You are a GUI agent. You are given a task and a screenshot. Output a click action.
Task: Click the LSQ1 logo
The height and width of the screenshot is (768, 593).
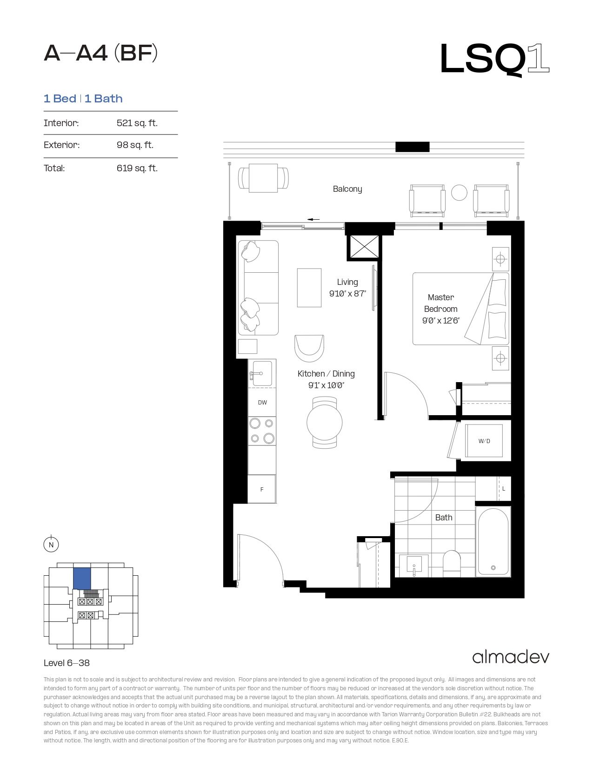coord(494,60)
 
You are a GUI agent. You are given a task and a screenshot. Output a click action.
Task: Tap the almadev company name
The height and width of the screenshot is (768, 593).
coord(511,657)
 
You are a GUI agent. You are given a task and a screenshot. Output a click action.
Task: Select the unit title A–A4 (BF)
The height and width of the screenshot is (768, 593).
coord(100,53)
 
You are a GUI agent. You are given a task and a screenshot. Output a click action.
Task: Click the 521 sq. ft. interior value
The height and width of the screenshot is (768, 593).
coord(137,123)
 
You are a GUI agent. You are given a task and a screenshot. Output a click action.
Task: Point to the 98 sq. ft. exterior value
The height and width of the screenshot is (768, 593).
coord(135,145)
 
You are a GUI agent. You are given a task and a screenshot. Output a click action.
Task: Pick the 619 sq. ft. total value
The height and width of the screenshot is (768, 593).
coord(137,168)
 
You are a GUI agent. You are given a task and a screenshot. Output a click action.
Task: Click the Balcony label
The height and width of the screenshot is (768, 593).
coord(347,189)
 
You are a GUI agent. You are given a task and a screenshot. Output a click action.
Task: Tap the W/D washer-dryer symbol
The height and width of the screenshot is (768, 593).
coord(484,441)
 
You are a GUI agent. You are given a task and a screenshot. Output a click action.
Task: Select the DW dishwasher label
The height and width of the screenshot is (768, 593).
coord(262,403)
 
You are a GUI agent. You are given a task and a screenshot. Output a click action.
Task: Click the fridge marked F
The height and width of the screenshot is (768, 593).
coord(261,489)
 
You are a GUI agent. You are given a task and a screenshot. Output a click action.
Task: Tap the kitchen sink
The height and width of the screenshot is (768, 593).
coord(260,373)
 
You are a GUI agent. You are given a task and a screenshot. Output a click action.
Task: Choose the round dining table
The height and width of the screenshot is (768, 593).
coord(325,422)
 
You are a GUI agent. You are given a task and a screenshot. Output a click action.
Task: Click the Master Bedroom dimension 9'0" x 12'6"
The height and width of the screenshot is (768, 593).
coord(441,321)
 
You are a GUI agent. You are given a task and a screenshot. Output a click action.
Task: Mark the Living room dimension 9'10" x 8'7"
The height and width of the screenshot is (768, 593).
coord(347,294)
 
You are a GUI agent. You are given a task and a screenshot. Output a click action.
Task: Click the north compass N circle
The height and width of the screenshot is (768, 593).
coord(51,545)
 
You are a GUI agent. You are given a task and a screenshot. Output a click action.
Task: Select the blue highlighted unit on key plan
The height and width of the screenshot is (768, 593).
coord(82,579)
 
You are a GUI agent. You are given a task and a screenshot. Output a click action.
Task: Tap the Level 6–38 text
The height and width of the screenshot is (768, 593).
coord(67,663)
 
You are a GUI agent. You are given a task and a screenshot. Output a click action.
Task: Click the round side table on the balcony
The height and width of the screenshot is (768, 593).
coord(459,193)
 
